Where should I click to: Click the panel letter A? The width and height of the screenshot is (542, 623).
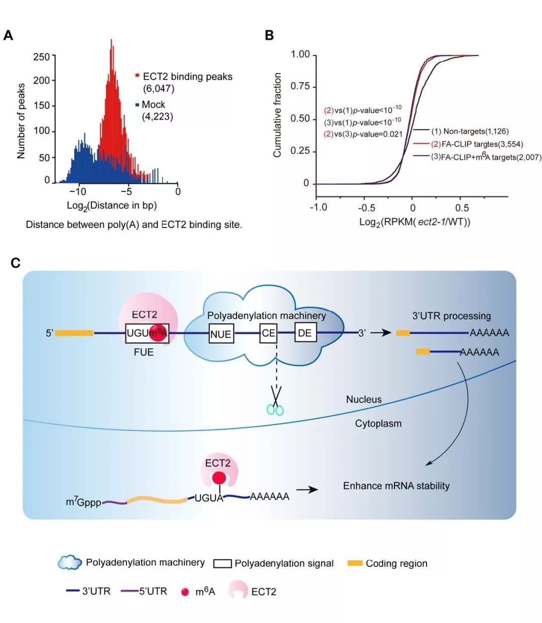click(9, 36)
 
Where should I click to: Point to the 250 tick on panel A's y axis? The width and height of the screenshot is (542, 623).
click(41, 57)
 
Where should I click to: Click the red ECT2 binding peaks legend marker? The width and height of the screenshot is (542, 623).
click(137, 76)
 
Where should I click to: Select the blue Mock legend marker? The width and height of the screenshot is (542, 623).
click(137, 105)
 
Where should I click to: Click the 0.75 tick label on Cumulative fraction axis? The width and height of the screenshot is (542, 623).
click(300, 87)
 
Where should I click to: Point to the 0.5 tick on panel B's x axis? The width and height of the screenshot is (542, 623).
click(462, 207)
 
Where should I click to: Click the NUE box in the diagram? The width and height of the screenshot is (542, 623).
click(220, 334)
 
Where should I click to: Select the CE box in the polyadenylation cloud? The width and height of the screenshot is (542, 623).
click(268, 333)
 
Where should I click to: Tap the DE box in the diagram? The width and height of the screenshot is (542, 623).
click(305, 333)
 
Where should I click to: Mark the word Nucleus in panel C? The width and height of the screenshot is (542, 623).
click(364, 399)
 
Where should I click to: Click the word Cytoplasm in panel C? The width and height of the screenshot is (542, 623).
click(378, 424)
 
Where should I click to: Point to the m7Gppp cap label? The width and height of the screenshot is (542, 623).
click(83, 501)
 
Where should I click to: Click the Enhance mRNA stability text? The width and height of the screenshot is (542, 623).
click(396, 486)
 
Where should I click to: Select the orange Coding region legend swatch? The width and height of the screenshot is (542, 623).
click(355, 563)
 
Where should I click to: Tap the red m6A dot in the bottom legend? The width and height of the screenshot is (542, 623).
click(185, 592)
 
